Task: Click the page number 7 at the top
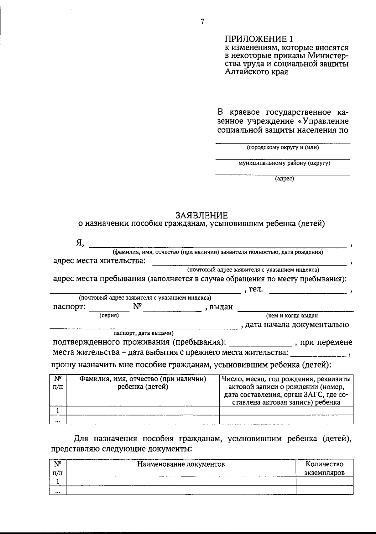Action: pyautogui.click(x=202, y=22)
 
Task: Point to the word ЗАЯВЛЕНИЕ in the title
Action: pyautogui.click(x=201, y=215)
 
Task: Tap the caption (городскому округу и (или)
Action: pyautogui.click(x=283, y=147)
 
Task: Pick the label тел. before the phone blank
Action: pyautogui.click(x=256, y=289)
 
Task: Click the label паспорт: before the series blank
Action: pyautogui.click(x=69, y=307)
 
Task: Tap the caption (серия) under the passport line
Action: pyautogui.click(x=109, y=316)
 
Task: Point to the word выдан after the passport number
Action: pyautogui.click(x=221, y=307)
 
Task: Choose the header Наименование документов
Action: pyautogui.click(x=181, y=464)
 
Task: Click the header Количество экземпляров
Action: pyautogui.click(x=325, y=468)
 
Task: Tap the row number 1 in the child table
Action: pyautogui.click(x=58, y=411)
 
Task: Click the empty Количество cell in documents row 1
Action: pyautogui.click(x=325, y=481)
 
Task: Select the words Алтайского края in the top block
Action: pyautogui.click(x=257, y=72)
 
